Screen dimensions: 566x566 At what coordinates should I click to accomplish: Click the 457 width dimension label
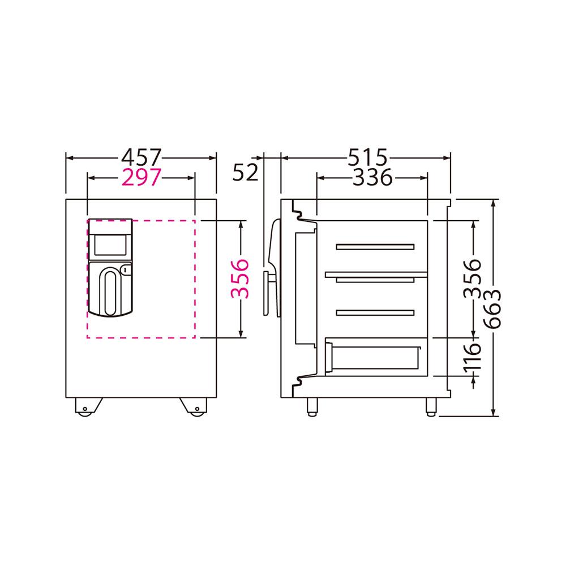coord(141,158)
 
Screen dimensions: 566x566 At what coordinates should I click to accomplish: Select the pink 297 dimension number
coord(141,177)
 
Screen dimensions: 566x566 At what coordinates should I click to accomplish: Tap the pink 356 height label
coord(240,278)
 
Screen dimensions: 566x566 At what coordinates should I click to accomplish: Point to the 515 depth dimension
coord(367,158)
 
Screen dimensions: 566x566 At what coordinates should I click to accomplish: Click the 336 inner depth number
coord(372,177)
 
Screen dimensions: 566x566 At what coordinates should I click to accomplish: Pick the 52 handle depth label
coord(246,172)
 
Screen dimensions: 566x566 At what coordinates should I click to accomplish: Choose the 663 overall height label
coord(492,308)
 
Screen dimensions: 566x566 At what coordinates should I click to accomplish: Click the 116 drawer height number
coord(473,357)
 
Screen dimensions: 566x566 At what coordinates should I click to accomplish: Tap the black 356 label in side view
coord(473,278)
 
